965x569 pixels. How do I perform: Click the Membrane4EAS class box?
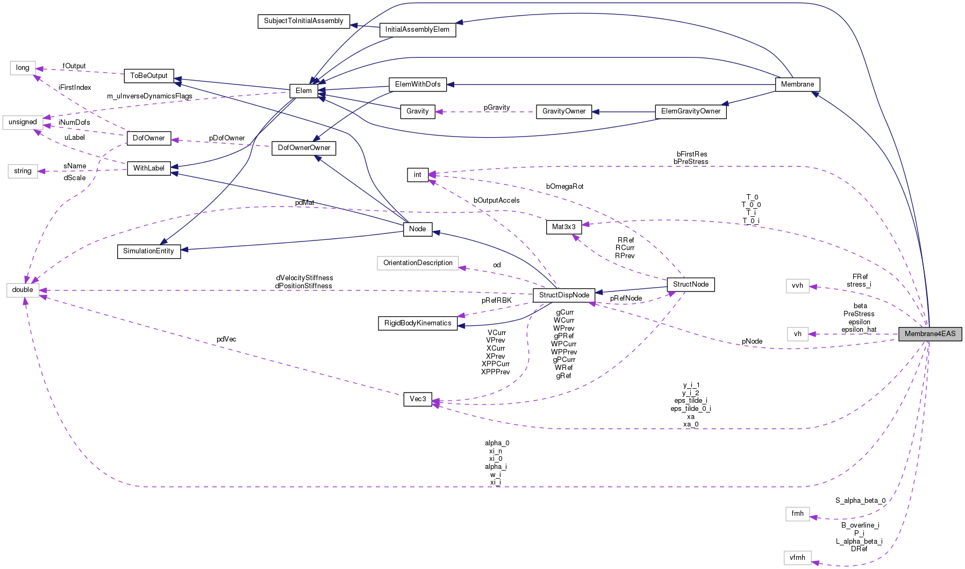click(930, 334)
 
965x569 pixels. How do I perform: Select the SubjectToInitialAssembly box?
click(303, 21)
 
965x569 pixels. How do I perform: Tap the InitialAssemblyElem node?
click(417, 30)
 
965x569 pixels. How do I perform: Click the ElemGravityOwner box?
click(690, 111)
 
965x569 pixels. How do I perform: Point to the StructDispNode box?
click(564, 295)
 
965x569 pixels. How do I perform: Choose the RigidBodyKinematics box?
click(418, 323)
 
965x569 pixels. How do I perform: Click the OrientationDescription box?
click(418, 263)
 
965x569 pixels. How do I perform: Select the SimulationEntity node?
click(148, 251)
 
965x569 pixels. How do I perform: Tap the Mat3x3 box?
click(563, 227)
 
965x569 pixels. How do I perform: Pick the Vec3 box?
click(418, 399)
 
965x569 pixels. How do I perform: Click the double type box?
click(23, 290)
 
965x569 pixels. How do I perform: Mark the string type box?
click(23, 171)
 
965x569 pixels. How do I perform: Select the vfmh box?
click(797, 558)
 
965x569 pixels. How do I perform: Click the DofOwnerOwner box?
click(304, 148)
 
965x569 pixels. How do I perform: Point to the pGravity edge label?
click(496, 108)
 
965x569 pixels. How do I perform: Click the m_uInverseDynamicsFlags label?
click(149, 96)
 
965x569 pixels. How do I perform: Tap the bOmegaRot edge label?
click(564, 187)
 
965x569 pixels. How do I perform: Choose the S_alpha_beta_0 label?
click(860, 501)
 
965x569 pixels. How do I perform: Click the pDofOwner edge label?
click(227, 138)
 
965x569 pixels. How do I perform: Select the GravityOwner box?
click(563, 111)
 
